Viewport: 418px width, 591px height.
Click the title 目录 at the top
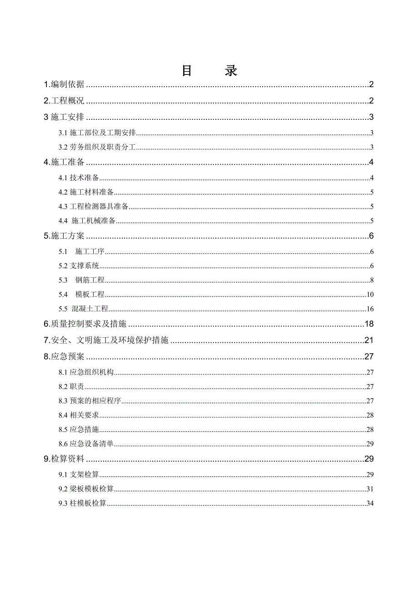coord(209,71)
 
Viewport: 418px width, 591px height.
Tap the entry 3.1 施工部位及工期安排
coord(98,133)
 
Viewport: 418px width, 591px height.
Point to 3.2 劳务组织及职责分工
coord(98,147)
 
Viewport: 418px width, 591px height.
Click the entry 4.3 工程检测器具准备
coord(94,207)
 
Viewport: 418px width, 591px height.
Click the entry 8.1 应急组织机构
coord(86,373)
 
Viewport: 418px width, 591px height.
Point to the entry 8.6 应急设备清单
coord(86,444)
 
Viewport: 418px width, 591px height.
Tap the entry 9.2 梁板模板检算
coord(86,489)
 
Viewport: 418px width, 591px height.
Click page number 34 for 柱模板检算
coord(370,503)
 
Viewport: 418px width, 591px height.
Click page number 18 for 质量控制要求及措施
coord(369,324)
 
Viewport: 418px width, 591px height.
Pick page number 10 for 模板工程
coord(370,295)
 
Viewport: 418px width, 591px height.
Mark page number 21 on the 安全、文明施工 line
coord(369,340)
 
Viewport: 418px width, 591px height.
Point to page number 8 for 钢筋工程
coord(372,281)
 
